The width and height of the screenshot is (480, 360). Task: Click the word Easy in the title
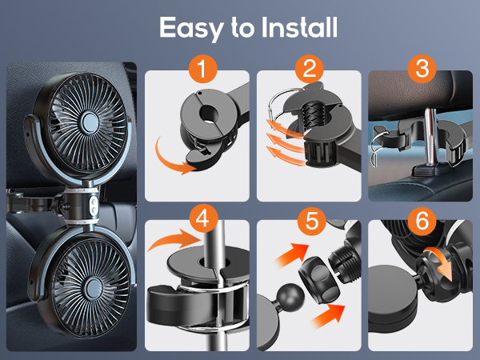(190, 28)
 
